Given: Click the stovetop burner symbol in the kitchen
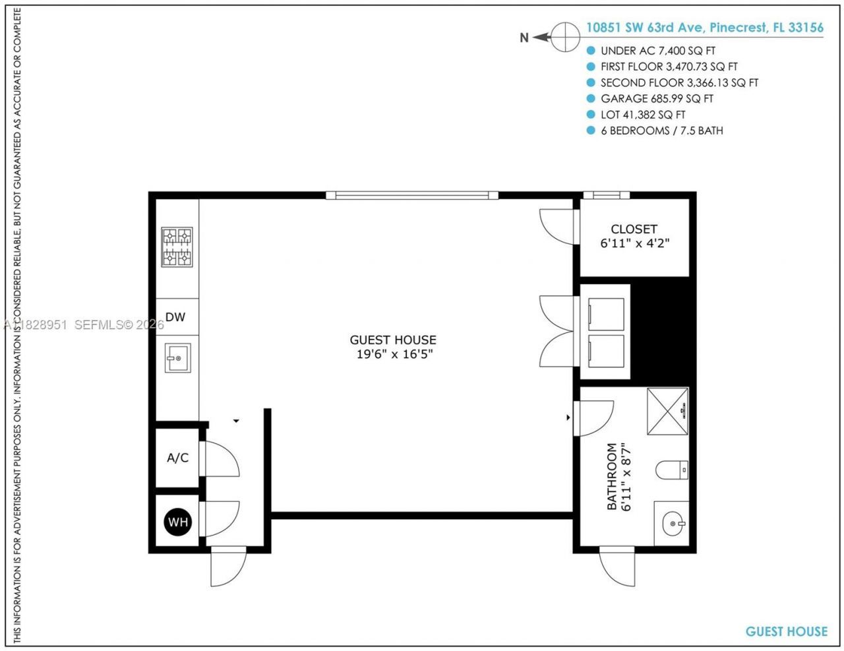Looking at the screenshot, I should point(177,247).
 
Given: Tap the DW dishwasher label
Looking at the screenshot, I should point(175,317).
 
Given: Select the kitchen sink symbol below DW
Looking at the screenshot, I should point(177,358).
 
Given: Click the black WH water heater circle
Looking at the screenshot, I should point(178,522).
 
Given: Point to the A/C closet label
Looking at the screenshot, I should point(177,458).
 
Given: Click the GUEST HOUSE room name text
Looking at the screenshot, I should point(393,340).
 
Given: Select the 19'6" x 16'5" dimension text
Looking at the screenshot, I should point(393,354).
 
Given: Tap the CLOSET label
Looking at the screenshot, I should point(634,229).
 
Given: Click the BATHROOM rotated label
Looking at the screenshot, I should point(612,476).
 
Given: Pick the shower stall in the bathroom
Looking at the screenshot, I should point(667,411).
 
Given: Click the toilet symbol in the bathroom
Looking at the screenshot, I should point(671,470).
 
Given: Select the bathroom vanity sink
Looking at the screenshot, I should point(671,524).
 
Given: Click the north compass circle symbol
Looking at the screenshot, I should point(565,37).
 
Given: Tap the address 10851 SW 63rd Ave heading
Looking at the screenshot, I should point(704,28).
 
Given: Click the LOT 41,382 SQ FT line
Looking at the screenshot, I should point(642,115).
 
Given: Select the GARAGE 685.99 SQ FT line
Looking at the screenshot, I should point(656,99).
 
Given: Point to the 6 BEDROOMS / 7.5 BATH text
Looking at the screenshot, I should point(661,131).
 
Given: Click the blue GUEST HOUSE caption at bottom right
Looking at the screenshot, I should point(786,631).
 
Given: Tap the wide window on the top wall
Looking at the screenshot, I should point(412,195).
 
